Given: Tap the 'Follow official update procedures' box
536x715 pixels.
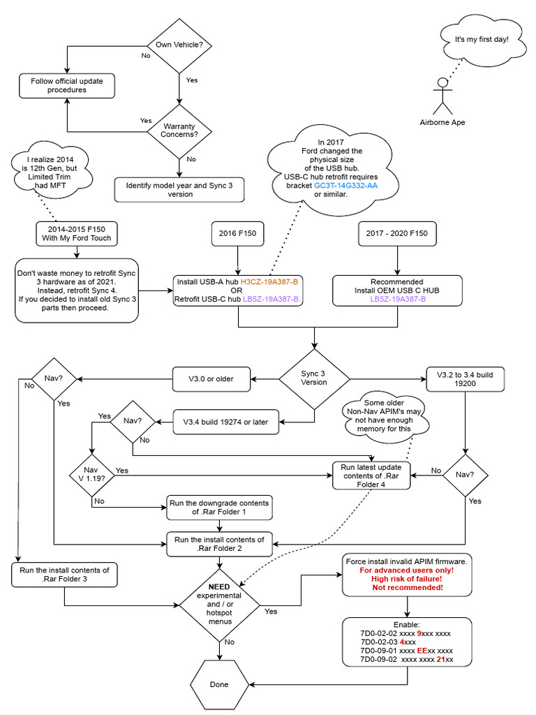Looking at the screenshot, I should tap(67, 85).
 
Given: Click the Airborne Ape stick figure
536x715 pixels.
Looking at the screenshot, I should tap(442, 98).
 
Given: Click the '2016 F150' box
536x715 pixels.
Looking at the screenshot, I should tap(239, 233).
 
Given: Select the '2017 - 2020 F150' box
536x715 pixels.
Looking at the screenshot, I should tap(397, 233).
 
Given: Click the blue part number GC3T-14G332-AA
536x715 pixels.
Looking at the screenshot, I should tap(345, 186).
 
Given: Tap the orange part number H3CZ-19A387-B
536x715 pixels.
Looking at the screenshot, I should tap(269, 281).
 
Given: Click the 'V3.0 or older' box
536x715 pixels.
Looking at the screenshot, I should tap(211, 379).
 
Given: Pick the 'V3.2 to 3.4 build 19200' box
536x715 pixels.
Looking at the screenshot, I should tap(465, 379).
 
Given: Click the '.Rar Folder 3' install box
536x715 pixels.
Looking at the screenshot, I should tap(64, 574).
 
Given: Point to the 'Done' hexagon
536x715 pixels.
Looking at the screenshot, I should tap(219, 684).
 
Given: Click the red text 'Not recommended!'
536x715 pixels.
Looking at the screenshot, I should tap(407, 587).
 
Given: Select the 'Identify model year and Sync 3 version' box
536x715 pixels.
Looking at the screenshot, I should tap(179, 189).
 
